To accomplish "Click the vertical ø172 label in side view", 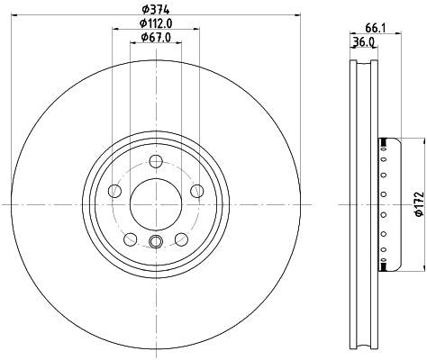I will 418,203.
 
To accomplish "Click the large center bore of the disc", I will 155,202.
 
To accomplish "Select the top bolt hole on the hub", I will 155,162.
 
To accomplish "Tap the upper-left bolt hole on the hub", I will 114,190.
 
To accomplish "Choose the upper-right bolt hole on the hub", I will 196,190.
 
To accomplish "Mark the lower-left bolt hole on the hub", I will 130,238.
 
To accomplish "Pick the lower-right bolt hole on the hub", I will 181,238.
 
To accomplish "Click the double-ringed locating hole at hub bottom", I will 155,241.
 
